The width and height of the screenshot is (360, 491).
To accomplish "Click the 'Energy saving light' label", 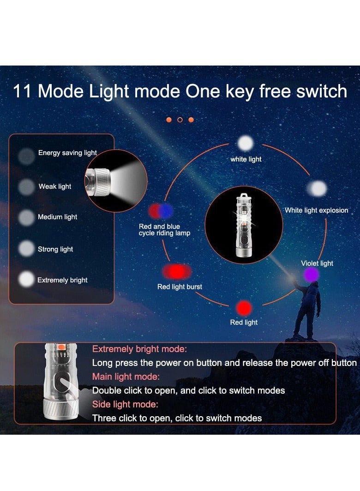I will [67, 153].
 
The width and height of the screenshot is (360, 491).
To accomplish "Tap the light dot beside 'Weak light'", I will [26, 187].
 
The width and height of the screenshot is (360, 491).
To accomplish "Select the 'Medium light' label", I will [57, 217].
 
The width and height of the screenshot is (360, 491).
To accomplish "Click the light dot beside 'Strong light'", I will [26, 249].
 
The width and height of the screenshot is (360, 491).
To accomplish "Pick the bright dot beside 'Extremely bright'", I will [26, 279].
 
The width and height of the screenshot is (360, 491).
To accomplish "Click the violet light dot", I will [311, 275].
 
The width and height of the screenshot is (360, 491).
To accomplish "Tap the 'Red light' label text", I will [244, 322].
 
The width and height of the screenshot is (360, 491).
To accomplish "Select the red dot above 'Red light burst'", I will [176, 272].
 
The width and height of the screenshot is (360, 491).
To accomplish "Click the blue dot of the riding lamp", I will [165, 211].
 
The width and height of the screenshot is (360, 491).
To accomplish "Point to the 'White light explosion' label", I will [316, 210].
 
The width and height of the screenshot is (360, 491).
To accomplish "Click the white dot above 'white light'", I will [246, 144].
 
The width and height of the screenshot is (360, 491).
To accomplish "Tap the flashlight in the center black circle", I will [243, 225].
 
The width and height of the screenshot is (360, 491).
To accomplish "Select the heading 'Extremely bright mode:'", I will [139, 349].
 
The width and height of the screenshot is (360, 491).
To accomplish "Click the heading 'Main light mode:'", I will [126, 377].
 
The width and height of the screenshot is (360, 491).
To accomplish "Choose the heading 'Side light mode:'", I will [125, 404].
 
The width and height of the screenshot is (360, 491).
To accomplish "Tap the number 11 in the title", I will [22, 91].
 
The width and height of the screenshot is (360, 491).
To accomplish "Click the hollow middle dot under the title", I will [180, 120].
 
